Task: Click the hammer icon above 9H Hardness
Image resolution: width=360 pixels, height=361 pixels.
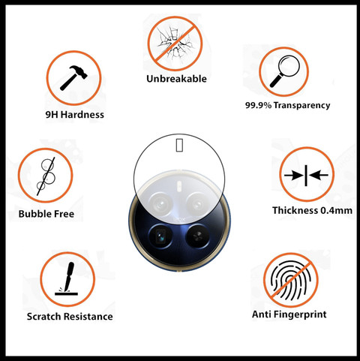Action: [x=73, y=78]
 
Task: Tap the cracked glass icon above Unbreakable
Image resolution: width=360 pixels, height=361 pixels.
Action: [x=175, y=44]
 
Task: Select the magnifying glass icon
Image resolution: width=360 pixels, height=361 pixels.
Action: [x=285, y=71]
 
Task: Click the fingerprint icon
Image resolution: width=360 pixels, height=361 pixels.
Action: [x=290, y=280]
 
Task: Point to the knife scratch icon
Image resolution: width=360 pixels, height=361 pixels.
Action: [x=67, y=278]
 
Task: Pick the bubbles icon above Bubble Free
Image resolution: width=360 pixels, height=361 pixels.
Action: [x=46, y=176]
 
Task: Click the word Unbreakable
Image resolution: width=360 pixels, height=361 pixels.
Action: [x=176, y=79]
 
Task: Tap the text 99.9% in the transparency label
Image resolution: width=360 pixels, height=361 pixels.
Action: [x=258, y=105]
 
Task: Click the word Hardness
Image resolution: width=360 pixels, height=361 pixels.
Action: [x=82, y=115]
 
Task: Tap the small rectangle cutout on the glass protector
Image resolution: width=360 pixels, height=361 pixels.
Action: [x=179, y=145]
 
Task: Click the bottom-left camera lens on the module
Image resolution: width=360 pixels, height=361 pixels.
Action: [x=160, y=236]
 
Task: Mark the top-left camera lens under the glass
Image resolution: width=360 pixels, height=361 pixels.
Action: [x=160, y=204]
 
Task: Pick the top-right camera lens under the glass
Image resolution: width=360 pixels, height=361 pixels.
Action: [x=199, y=204]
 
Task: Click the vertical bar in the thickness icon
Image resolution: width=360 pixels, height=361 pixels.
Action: [x=306, y=176]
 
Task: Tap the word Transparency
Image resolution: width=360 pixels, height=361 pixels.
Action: [x=301, y=105]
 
